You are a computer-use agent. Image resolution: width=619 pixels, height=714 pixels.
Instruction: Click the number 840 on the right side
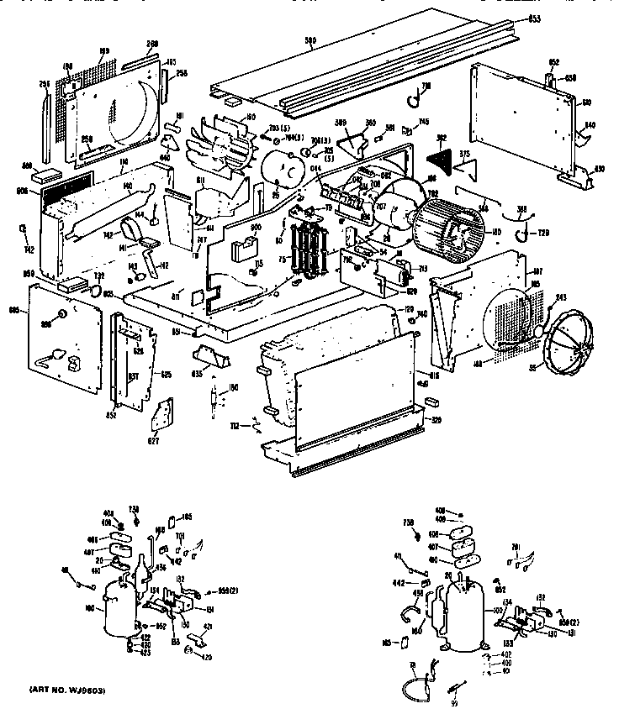590,124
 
